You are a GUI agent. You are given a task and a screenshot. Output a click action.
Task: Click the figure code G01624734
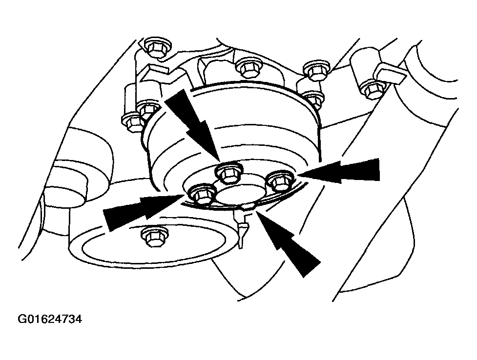coord(50,320)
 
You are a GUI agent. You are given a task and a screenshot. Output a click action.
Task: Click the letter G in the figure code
coord(22,320)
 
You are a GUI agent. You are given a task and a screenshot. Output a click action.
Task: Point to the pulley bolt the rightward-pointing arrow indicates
coord(201,194)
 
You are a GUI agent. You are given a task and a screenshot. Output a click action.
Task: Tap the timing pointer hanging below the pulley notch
coord(242,226)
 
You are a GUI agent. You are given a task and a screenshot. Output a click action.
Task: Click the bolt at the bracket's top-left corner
coord(157,47)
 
